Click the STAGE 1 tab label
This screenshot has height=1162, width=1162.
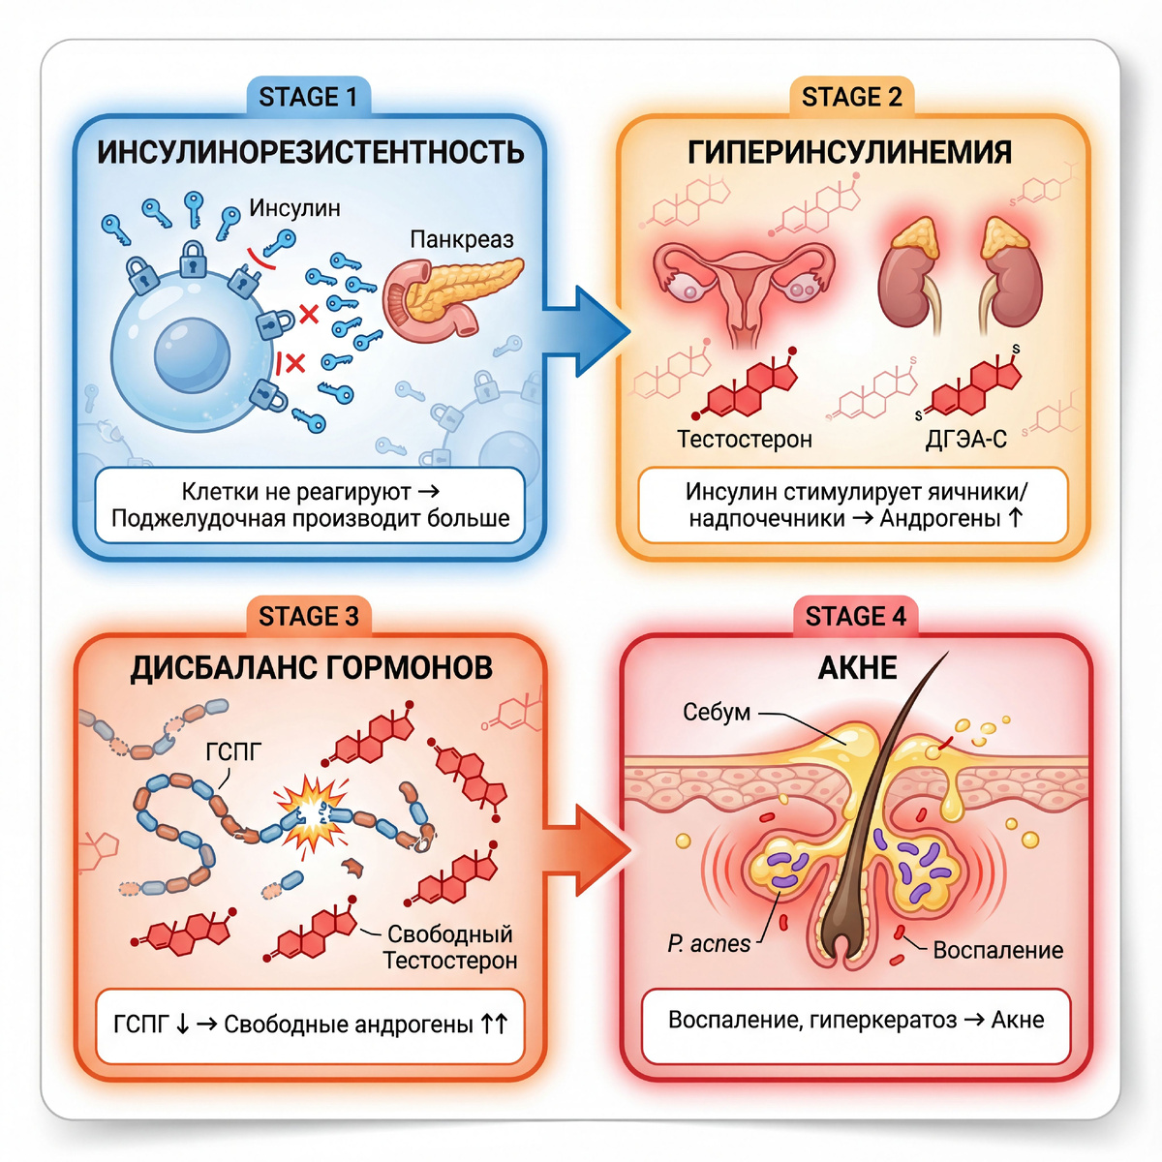(x=308, y=97)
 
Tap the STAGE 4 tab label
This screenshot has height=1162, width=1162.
(x=855, y=617)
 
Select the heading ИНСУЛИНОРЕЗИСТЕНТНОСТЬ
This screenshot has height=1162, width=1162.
(x=311, y=152)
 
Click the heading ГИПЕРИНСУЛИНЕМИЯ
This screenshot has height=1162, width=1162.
(x=850, y=152)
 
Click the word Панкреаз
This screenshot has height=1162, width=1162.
(x=462, y=239)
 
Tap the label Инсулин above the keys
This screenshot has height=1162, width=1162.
(x=294, y=208)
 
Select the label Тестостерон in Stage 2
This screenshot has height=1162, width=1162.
(x=745, y=439)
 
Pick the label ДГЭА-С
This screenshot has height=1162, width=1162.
(x=966, y=439)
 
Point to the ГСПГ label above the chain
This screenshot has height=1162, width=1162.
(x=233, y=751)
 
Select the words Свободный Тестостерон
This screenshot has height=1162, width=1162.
(x=450, y=947)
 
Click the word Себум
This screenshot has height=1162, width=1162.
(x=717, y=712)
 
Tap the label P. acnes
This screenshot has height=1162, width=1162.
(x=709, y=943)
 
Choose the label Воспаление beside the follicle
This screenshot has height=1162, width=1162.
(x=997, y=950)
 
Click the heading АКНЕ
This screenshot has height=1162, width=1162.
(x=857, y=668)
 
